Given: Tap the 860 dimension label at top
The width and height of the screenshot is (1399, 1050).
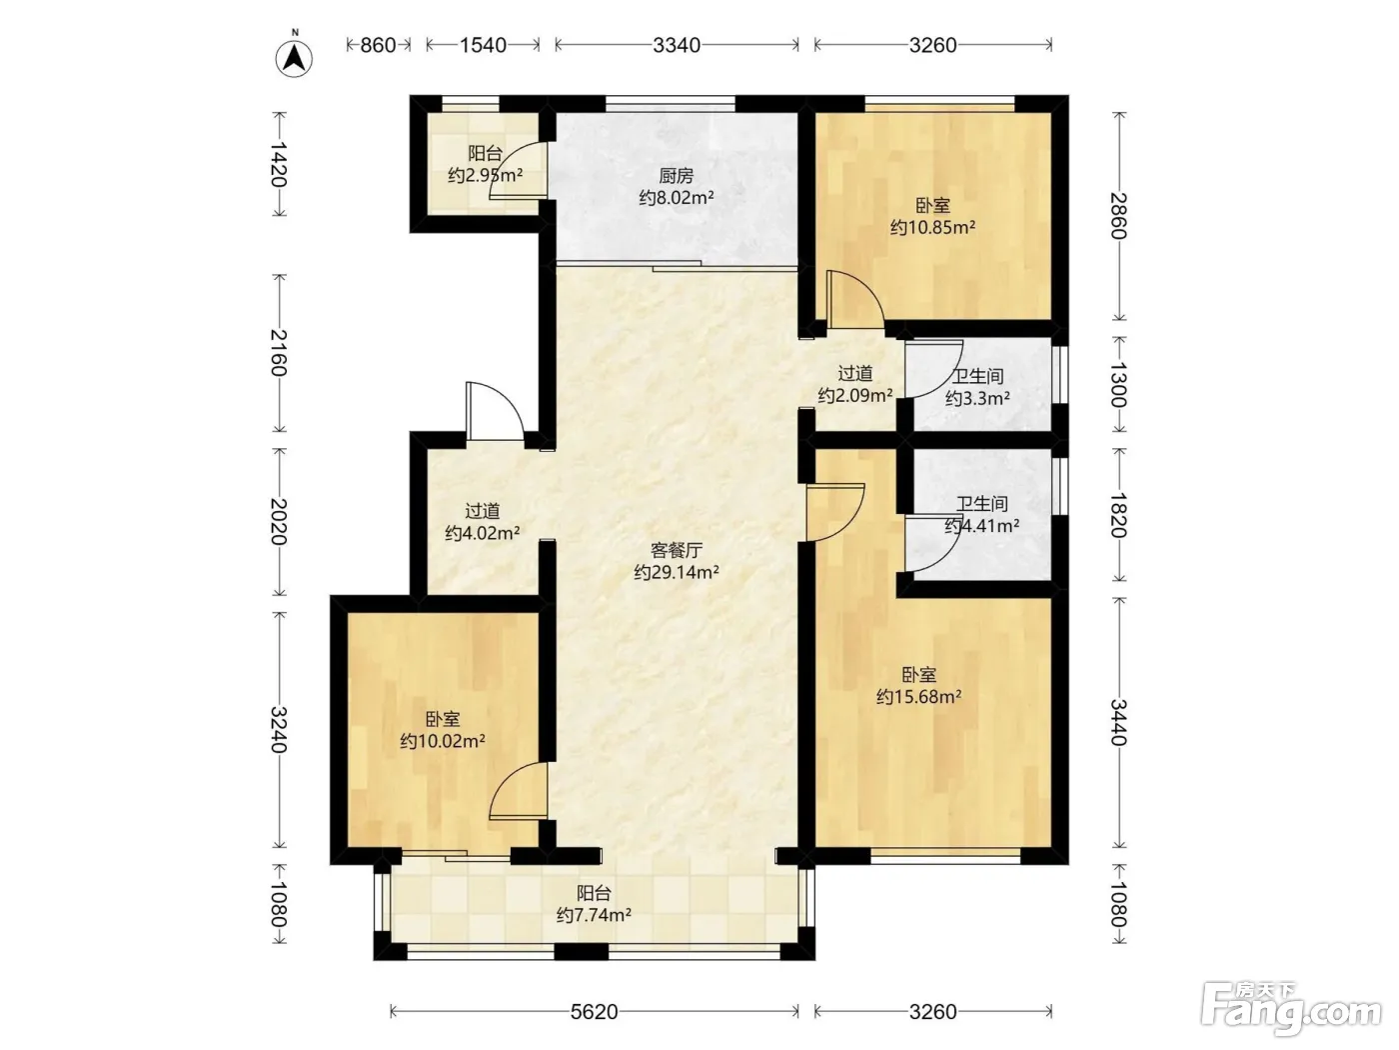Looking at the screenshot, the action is [378, 45].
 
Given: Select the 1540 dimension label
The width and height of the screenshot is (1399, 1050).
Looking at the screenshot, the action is [483, 45].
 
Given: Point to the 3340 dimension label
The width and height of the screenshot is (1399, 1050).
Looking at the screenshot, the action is [677, 45].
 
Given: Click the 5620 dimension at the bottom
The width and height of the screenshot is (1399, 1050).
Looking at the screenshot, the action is [594, 1011].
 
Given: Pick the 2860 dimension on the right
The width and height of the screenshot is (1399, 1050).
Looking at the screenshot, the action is [1118, 215].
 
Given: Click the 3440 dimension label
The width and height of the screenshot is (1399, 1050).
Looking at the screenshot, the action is [1118, 722].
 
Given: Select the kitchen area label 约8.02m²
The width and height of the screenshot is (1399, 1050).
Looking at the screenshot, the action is [677, 198].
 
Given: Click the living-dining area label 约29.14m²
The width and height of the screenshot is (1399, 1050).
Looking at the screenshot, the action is [677, 572].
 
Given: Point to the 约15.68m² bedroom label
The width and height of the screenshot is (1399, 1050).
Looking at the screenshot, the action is [918, 697].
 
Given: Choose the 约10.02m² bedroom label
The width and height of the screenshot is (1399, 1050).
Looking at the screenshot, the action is [443, 741].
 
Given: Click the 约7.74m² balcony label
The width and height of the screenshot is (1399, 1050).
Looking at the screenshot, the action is [594, 915].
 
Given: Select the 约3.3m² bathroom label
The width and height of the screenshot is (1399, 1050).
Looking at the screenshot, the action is [977, 398].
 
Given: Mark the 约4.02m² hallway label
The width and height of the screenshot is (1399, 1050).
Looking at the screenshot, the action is [482, 533].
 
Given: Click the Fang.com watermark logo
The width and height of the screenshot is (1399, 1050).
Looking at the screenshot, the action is [1290, 1009].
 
